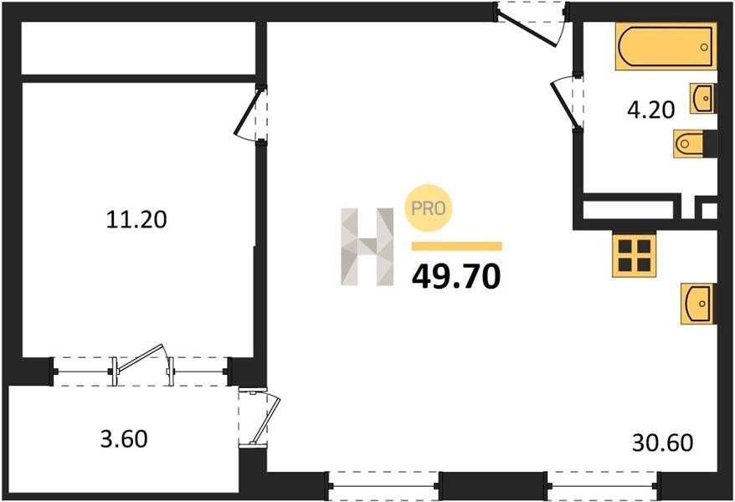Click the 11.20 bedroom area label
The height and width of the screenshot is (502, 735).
(136, 219)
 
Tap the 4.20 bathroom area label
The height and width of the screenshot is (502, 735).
(651, 110)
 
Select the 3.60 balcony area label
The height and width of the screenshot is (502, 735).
(124, 438)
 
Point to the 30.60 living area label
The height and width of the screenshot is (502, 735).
(662, 443)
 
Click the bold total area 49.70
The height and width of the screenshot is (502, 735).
(456, 276)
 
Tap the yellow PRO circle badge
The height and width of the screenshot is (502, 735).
(428, 208)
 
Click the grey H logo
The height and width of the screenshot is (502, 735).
(367, 247)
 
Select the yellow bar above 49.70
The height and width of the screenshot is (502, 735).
(456, 246)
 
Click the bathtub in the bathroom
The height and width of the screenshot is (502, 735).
(666, 46)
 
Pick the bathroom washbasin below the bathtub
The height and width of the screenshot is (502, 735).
(702, 99)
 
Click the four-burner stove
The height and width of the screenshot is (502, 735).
(635, 256)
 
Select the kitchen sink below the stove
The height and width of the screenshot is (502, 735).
(697, 304)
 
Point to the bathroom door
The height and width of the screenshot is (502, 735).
(564, 103)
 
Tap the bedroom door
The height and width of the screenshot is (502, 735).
(248, 112)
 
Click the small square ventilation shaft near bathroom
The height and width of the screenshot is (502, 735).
(709, 211)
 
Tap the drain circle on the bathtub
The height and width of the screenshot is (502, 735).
(703, 47)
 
